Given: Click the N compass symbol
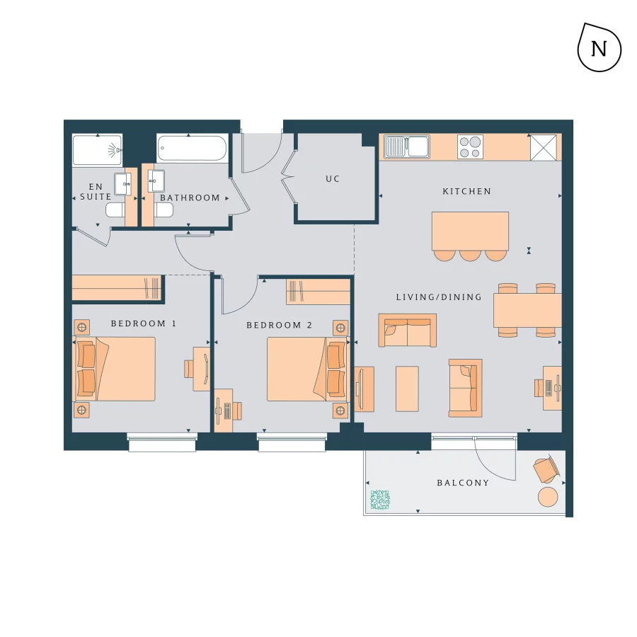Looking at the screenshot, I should [599, 48].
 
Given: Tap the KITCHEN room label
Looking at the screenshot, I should [466, 192].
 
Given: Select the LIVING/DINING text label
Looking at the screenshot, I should [439, 297].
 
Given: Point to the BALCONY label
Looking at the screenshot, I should [463, 483].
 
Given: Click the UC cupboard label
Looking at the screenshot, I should [333, 179].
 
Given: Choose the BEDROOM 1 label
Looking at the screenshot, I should [143, 324].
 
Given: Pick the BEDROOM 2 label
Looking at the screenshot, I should [279, 326].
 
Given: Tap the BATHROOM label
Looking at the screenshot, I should [190, 198].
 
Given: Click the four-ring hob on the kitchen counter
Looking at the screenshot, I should [470, 147].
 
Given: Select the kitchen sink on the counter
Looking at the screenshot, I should [408, 147].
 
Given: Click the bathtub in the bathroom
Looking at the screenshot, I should [192, 149].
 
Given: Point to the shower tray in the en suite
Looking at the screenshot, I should [97, 149].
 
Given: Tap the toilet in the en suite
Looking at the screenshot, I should [115, 210].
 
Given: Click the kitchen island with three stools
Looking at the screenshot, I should [470, 231].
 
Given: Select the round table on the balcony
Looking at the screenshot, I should [549, 496].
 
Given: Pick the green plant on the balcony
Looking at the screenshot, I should [380, 500].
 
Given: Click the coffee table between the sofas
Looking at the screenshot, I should [407, 388].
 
